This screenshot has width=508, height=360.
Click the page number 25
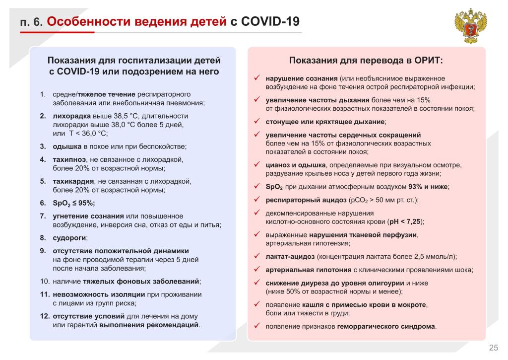(x=493, y=347)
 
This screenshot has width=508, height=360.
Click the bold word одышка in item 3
(x=67, y=146)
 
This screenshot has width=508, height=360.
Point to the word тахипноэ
(x=69, y=159)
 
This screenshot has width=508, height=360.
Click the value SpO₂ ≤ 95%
(x=73, y=203)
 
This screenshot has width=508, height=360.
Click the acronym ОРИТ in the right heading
(x=428, y=61)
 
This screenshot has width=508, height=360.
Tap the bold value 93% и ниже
(x=428, y=187)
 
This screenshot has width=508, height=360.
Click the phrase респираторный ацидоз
(x=306, y=200)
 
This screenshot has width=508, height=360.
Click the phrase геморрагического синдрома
(x=386, y=326)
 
